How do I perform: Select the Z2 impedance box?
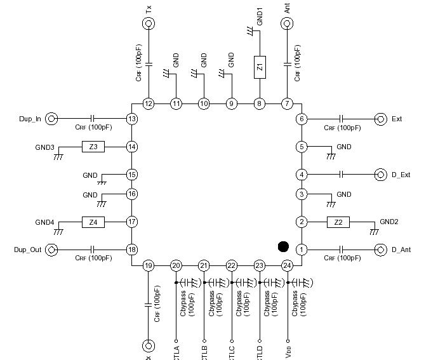click(338, 222)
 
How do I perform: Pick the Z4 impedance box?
click(93, 222)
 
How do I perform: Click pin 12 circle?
click(149, 103)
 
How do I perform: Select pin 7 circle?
click(287, 103)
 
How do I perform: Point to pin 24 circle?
click(287, 265)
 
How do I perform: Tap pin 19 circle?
click(149, 265)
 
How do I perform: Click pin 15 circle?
click(132, 175)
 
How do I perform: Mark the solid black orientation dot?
click(283, 246)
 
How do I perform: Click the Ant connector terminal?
click(287, 24)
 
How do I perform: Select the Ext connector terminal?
click(381, 119)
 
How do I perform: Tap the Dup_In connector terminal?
click(51, 119)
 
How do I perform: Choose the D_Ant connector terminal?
click(381, 250)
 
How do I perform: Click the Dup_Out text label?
click(27, 250)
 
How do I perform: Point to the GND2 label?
click(389, 222)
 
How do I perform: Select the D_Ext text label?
click(401, 175)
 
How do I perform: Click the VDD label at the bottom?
click(289, 350)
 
